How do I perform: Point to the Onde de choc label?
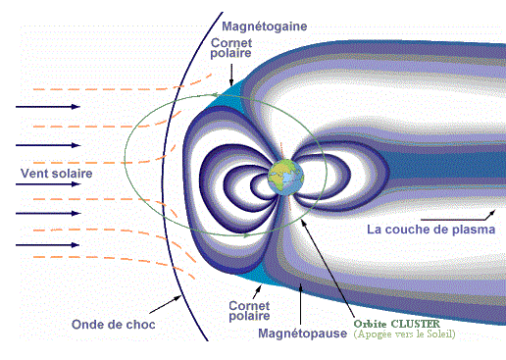pyautogui.click(x=114, y=324)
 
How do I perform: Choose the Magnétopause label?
pyautogui.click(x=300, y=334)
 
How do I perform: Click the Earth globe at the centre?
pyautogui.click(x=285, y=181)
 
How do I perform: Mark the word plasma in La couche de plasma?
pyautogui.click(x=473, y=231)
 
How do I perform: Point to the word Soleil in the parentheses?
pyautogui.click(x=438, y=334)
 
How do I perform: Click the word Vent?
pyautogui.click(x=33, y=173)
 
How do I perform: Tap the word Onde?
pyautogui.click(x=89, y=324)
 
